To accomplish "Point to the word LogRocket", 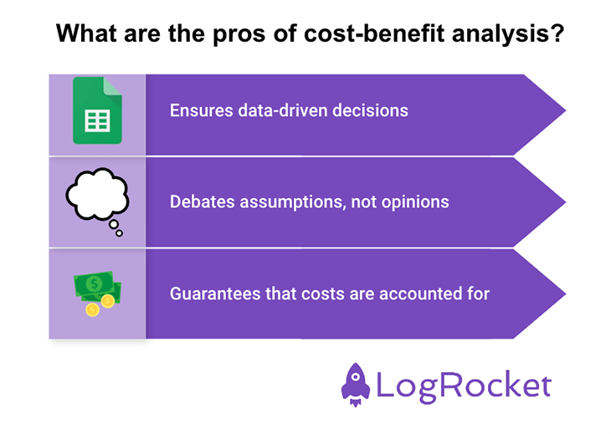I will [x=463, y=385].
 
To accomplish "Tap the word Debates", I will [x=199, y=202].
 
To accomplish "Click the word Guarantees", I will [x=209, y=294].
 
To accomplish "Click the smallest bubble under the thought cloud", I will [x=119, y=233].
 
